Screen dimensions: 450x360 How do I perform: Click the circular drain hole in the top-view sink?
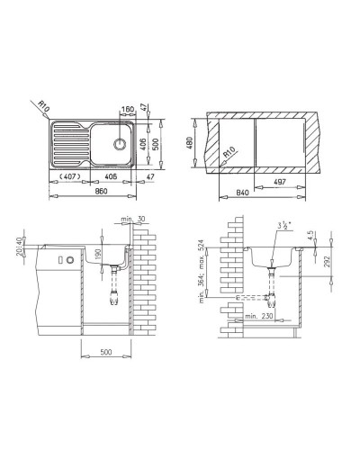[x=119, y=144]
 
